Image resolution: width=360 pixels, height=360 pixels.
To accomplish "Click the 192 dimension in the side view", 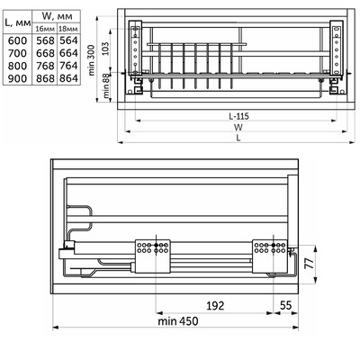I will coord(213,305).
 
